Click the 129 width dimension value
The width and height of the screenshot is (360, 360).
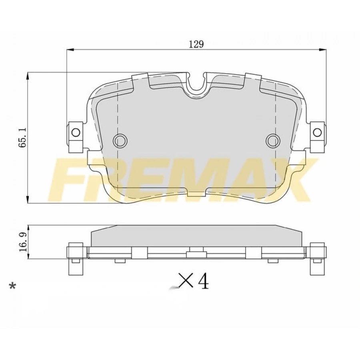[196, 44]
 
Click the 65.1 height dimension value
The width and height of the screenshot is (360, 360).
[23, 138]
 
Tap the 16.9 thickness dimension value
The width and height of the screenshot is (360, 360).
[23, 242]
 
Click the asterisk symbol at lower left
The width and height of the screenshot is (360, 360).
[13, 286]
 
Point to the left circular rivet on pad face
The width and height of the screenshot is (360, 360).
[120, 140]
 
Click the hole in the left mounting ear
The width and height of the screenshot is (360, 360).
[76, 132]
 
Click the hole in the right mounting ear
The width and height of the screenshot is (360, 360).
[317, 132]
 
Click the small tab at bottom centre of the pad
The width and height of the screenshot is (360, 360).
[196, 194]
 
